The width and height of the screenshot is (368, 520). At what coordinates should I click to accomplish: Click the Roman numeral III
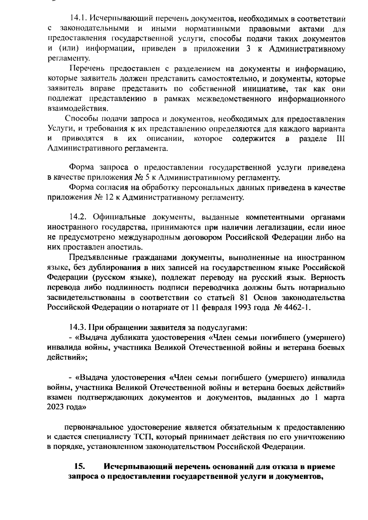339,139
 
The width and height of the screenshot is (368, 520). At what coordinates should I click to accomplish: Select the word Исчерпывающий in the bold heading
136,467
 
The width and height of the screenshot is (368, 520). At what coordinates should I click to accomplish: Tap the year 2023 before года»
56,408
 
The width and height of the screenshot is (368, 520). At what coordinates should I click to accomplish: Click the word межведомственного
234,99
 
